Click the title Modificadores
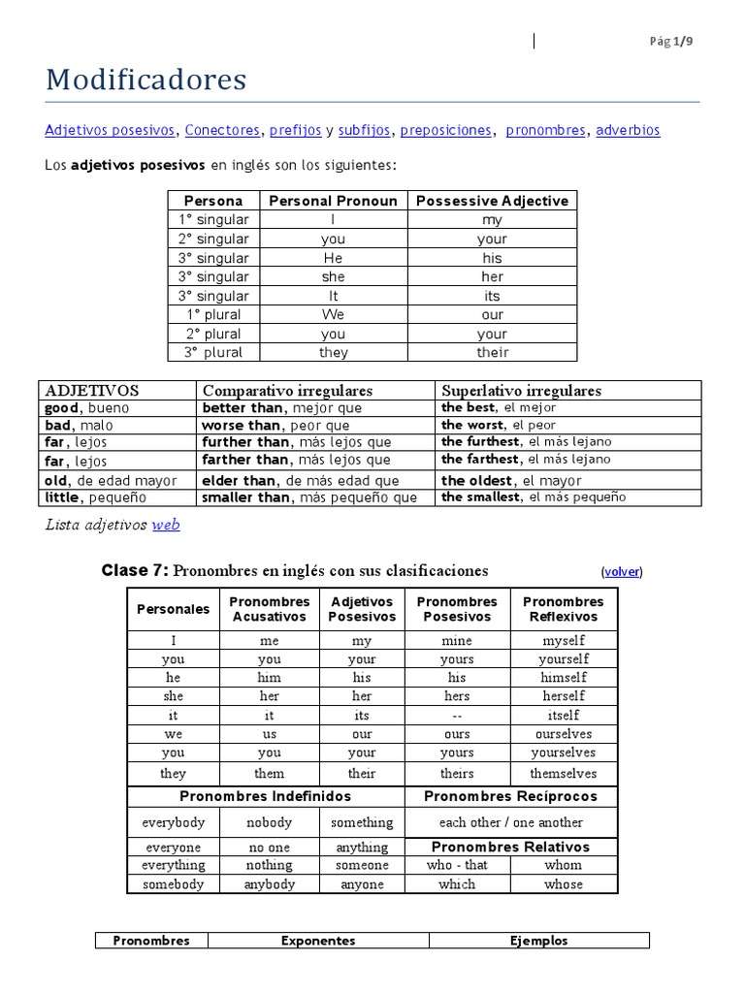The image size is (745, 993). (x=146, y=80)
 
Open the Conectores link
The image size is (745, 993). (x=222, y=130)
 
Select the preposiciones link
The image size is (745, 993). (x=446, y=130)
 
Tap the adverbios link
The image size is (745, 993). (x=628, y=130)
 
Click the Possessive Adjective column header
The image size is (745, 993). (x=492, y=201)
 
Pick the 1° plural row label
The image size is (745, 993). (x=213, y=314)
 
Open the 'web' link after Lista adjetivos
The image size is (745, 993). (x=166, y=525)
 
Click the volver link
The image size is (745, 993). (x=622, y=571)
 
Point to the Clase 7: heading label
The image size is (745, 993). (x=135, y=570)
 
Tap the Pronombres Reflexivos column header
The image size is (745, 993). (x=564, y=609)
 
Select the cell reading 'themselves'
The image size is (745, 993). (x=564, y=773)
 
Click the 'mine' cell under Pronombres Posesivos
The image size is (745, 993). (x=456, y=640)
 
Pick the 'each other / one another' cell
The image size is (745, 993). (x=510, y=822)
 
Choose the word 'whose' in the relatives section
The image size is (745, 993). (x=564, y=883)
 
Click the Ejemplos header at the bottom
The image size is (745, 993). (x=538, y=941)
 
